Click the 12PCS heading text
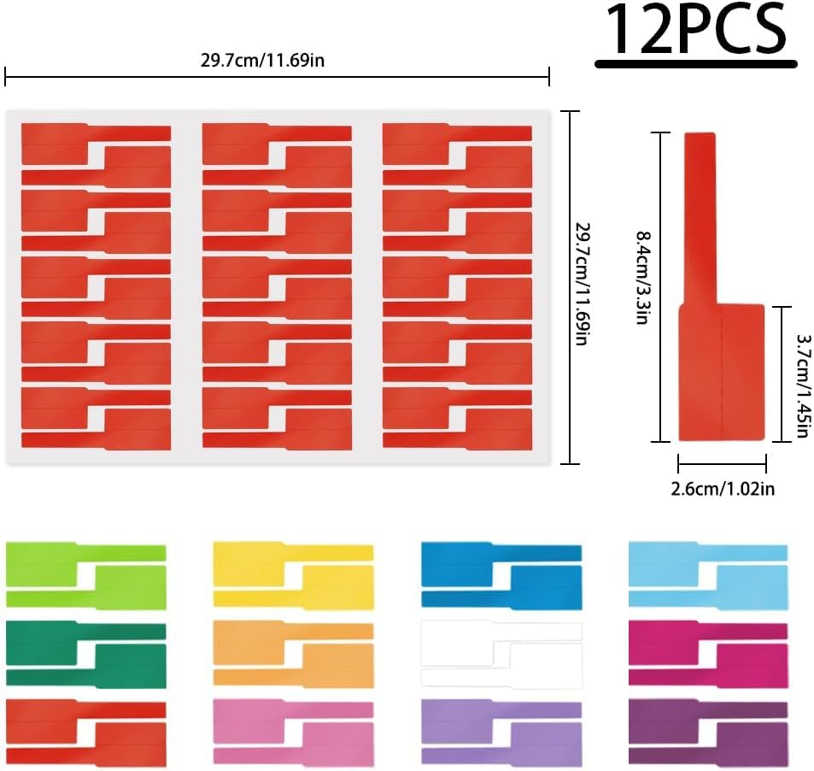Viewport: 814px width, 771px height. point(694,32)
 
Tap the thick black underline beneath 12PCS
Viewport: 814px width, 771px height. point(695,63)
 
